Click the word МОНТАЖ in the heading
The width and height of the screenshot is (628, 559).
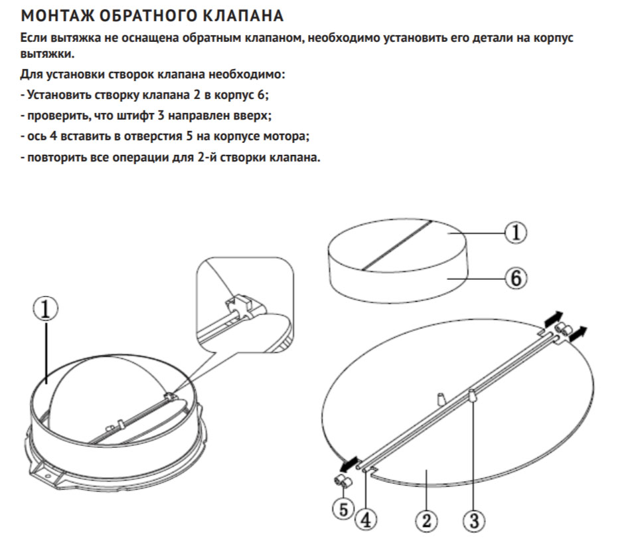coord(57,16)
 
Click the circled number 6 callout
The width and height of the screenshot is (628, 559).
coord(515,278)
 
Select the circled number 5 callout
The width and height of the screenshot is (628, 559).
coord(343,509)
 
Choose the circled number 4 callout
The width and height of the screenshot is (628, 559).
coord(366,520)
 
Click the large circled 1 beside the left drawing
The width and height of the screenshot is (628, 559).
coord(45,310)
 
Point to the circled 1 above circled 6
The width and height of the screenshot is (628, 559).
coord(515,233)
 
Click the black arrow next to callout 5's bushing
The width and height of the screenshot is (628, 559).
coord(349,465)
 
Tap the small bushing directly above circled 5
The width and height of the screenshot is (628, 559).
coord(343,481)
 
